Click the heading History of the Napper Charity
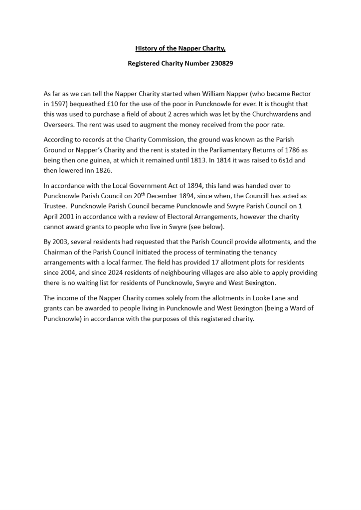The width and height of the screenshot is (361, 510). [180, 48]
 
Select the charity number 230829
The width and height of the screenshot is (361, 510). [218, 64]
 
